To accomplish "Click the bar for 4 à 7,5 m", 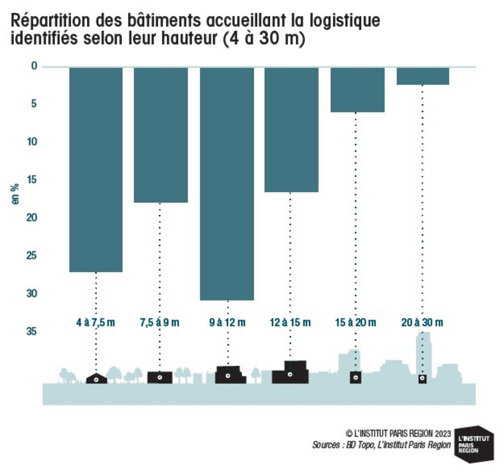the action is coord(96,170).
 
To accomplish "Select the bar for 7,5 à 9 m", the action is coord(160,135).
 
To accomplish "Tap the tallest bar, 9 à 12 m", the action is coord(227,184).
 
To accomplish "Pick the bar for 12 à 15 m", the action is coord(291,130).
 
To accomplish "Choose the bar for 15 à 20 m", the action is coord(358,90).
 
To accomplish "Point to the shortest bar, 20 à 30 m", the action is coord(422,76).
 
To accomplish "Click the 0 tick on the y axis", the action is coord(34,66).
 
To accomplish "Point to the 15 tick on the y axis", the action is coord(32,180).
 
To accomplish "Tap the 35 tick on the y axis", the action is coord(32,331).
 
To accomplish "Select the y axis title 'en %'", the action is coord(15,194).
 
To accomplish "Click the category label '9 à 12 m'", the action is coord(227,322).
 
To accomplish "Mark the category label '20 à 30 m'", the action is coord(422,322).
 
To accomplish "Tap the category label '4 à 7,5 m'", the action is coord(95,322).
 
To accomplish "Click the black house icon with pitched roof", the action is coord(96,378).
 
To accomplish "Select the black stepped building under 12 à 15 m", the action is coord(290,372).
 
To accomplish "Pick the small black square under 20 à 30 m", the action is coord(423,379).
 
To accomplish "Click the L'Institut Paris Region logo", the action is coord(474,445).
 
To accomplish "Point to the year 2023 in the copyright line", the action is coord(443,433).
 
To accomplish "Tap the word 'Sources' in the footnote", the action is coord(326,445).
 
